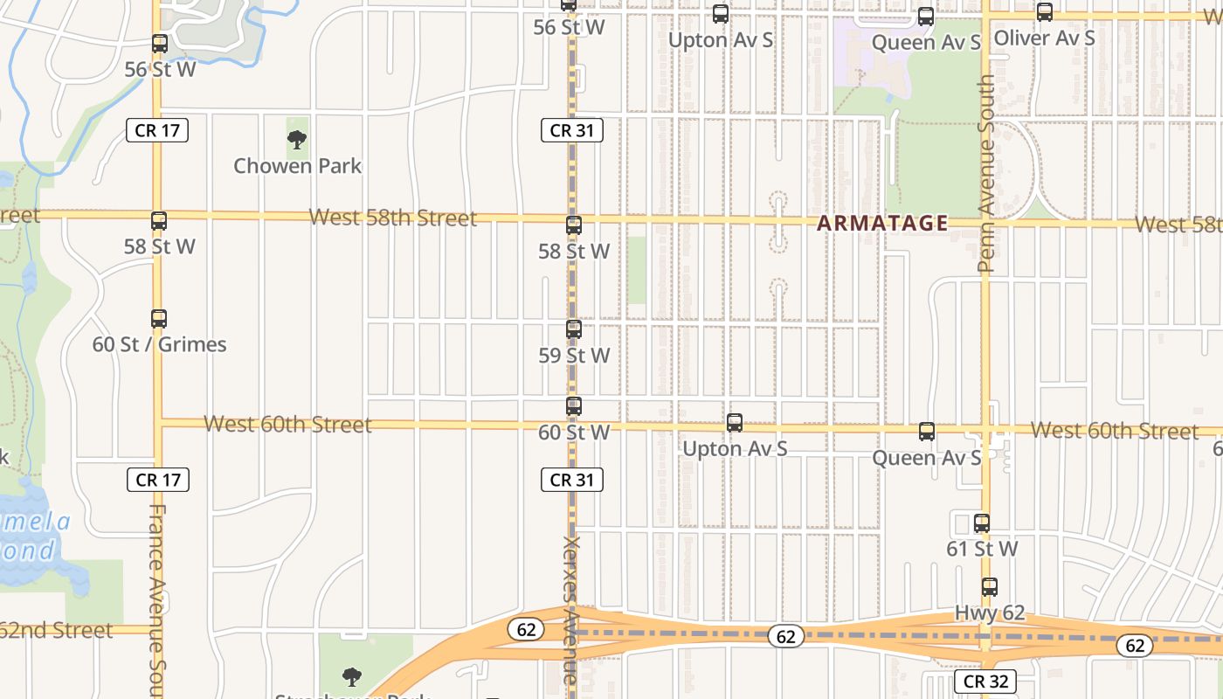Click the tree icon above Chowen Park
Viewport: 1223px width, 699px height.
(297, 139)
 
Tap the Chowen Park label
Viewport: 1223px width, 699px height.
(297, 165)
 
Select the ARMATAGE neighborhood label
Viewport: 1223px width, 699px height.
(882, 224)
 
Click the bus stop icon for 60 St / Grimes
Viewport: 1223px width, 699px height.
(158, 319)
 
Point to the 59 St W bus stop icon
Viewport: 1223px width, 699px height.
(574, 329)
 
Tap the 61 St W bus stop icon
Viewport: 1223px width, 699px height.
(982, 523)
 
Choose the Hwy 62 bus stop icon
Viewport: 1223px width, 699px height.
(989, 587)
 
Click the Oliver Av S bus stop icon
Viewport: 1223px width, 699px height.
(1044, 12)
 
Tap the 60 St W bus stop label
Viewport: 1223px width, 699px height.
(574, 433)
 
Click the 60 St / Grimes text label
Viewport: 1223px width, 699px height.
(160, 344)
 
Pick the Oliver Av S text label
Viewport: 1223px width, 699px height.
(1044, 38)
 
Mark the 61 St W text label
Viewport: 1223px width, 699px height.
(982, 549)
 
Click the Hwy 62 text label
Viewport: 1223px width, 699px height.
(989, 613)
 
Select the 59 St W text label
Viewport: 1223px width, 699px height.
(574, 356)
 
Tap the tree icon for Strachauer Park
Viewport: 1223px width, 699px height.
(351, 676)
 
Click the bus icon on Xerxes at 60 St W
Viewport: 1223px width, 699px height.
(574, 406)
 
